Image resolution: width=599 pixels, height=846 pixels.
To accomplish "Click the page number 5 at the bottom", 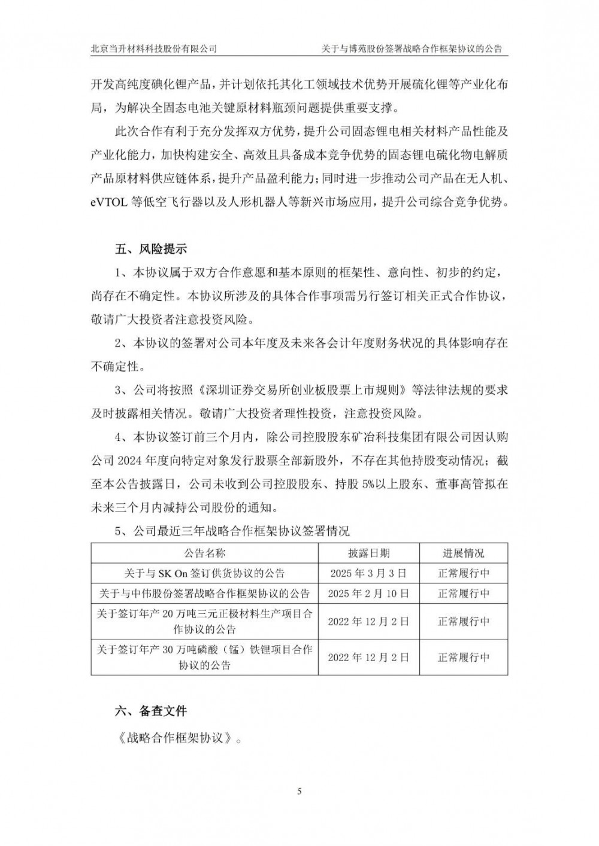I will pyautogui.click(x=299, y=792).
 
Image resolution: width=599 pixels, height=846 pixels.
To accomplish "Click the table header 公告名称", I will pyautogui.click(x=204, y=553).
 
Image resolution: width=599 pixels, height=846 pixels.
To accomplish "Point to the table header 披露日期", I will pyautogui.click(x=368, y=553).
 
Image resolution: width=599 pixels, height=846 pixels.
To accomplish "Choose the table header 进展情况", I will pyautogui.click(x=464, y=553).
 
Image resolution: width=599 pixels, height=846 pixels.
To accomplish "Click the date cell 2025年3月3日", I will pyautogui.click(x=368, y=573).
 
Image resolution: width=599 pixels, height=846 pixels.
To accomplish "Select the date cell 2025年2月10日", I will pyautogui.click(x=368, y=594).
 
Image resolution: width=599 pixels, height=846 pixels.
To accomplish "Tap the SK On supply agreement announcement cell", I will pyautogui.click(x=204, y=573).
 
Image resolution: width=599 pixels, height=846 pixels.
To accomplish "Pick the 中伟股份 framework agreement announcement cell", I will pyautogui.click(x=204, y=594).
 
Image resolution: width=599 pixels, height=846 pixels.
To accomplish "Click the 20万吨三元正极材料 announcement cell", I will pyautogui.click(x=204, y=621).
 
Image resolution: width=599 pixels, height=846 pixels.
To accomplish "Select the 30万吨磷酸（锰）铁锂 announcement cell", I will pyautogui.click(x=204, y=656).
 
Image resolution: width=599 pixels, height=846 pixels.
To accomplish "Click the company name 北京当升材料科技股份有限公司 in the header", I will pyautogui.click(x=153, y=48).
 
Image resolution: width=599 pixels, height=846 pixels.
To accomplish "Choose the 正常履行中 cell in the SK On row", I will pyautogui.click(x=464, y=573).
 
